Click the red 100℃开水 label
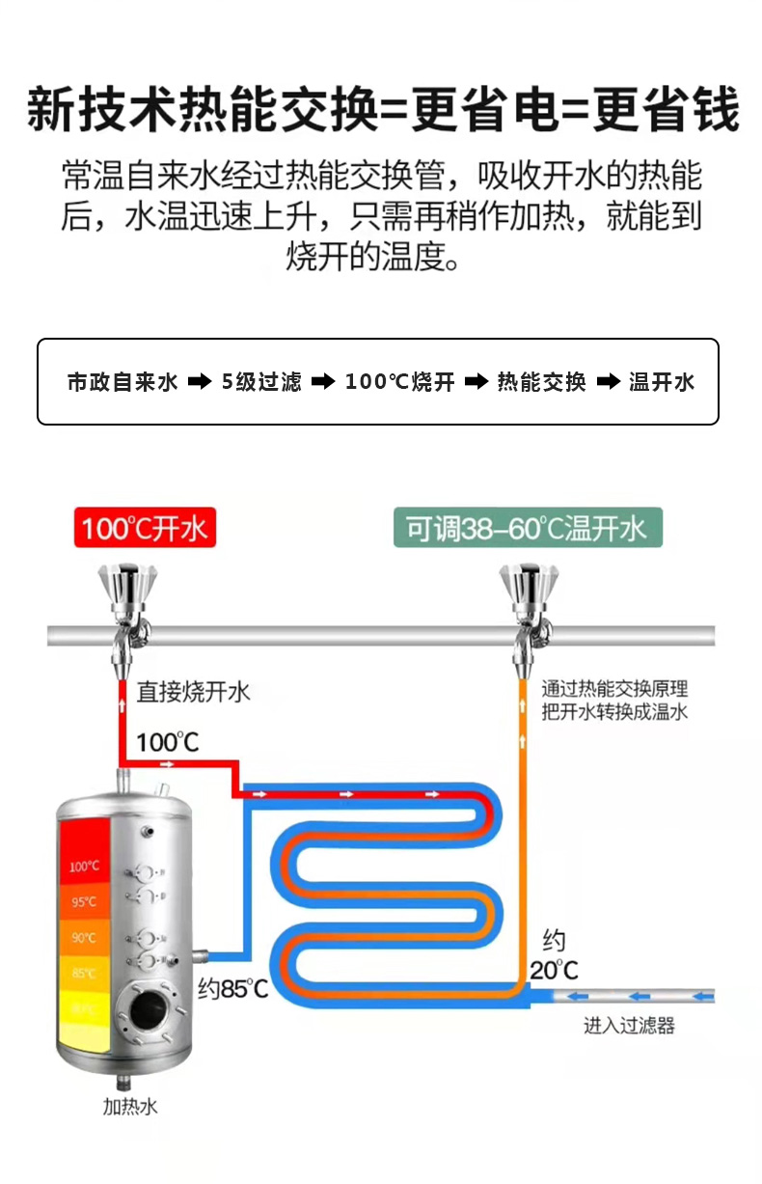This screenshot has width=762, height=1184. click(145, 529)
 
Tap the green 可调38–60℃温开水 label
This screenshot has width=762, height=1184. click(527, 529)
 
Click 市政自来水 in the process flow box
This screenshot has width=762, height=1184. click(122, 382)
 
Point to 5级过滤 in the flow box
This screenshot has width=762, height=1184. click(261, 382)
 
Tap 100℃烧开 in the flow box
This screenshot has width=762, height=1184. click(399, 382)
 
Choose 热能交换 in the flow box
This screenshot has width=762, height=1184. click(541, 382)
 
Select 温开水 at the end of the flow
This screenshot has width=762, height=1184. click(662, 382)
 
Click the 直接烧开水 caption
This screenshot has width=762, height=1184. click(193, 691)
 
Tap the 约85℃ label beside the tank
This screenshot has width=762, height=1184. click(232, 988)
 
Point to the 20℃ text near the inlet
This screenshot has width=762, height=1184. click(554, 969)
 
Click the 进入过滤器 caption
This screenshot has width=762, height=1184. click(629, 1026)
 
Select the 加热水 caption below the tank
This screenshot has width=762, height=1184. click(130, 1107)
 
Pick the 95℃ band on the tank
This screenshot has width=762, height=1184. click(84, 902)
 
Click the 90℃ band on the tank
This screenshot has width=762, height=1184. click(84, 937)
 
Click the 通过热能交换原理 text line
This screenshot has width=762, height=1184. click(614, 690)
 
